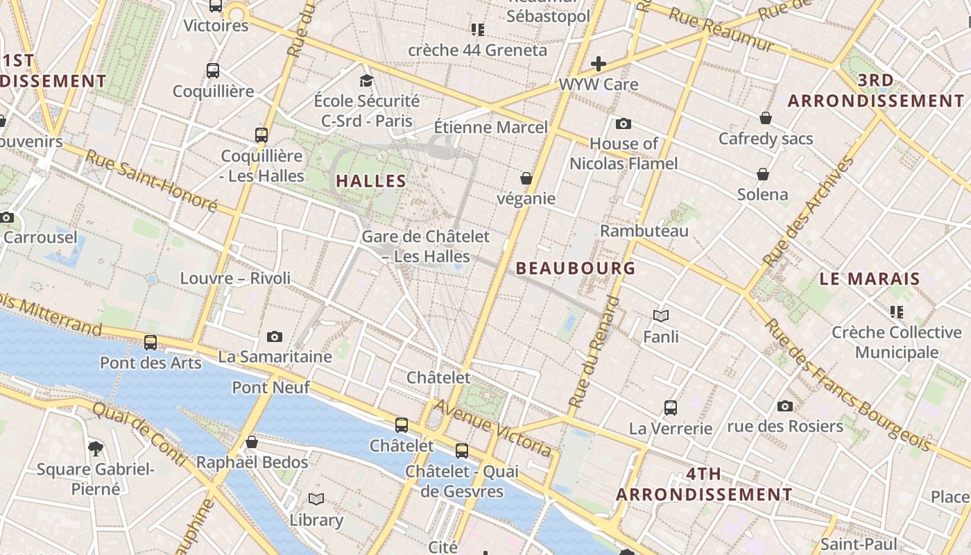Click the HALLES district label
click(371, 181)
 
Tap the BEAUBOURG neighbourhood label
click(576, 268)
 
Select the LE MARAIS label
click(870, 279)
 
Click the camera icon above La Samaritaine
click(275, 337)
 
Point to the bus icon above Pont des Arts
click(151, 342)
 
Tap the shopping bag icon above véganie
click(526, 178)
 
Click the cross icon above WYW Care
click(599, 65)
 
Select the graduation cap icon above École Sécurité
click(366, 81)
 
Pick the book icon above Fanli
click(661, 316)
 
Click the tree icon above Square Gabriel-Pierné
click(96, 449)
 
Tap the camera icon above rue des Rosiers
click(785, 406)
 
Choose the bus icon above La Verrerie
click(671, 407)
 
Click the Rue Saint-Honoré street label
click(151, 180)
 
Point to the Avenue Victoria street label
click(494, 429)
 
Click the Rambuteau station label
click(644, 231)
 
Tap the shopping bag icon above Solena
click(763, 173)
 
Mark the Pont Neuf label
click(271, 387)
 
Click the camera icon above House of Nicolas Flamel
click(624, 123)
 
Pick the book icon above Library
click(316, 499)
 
